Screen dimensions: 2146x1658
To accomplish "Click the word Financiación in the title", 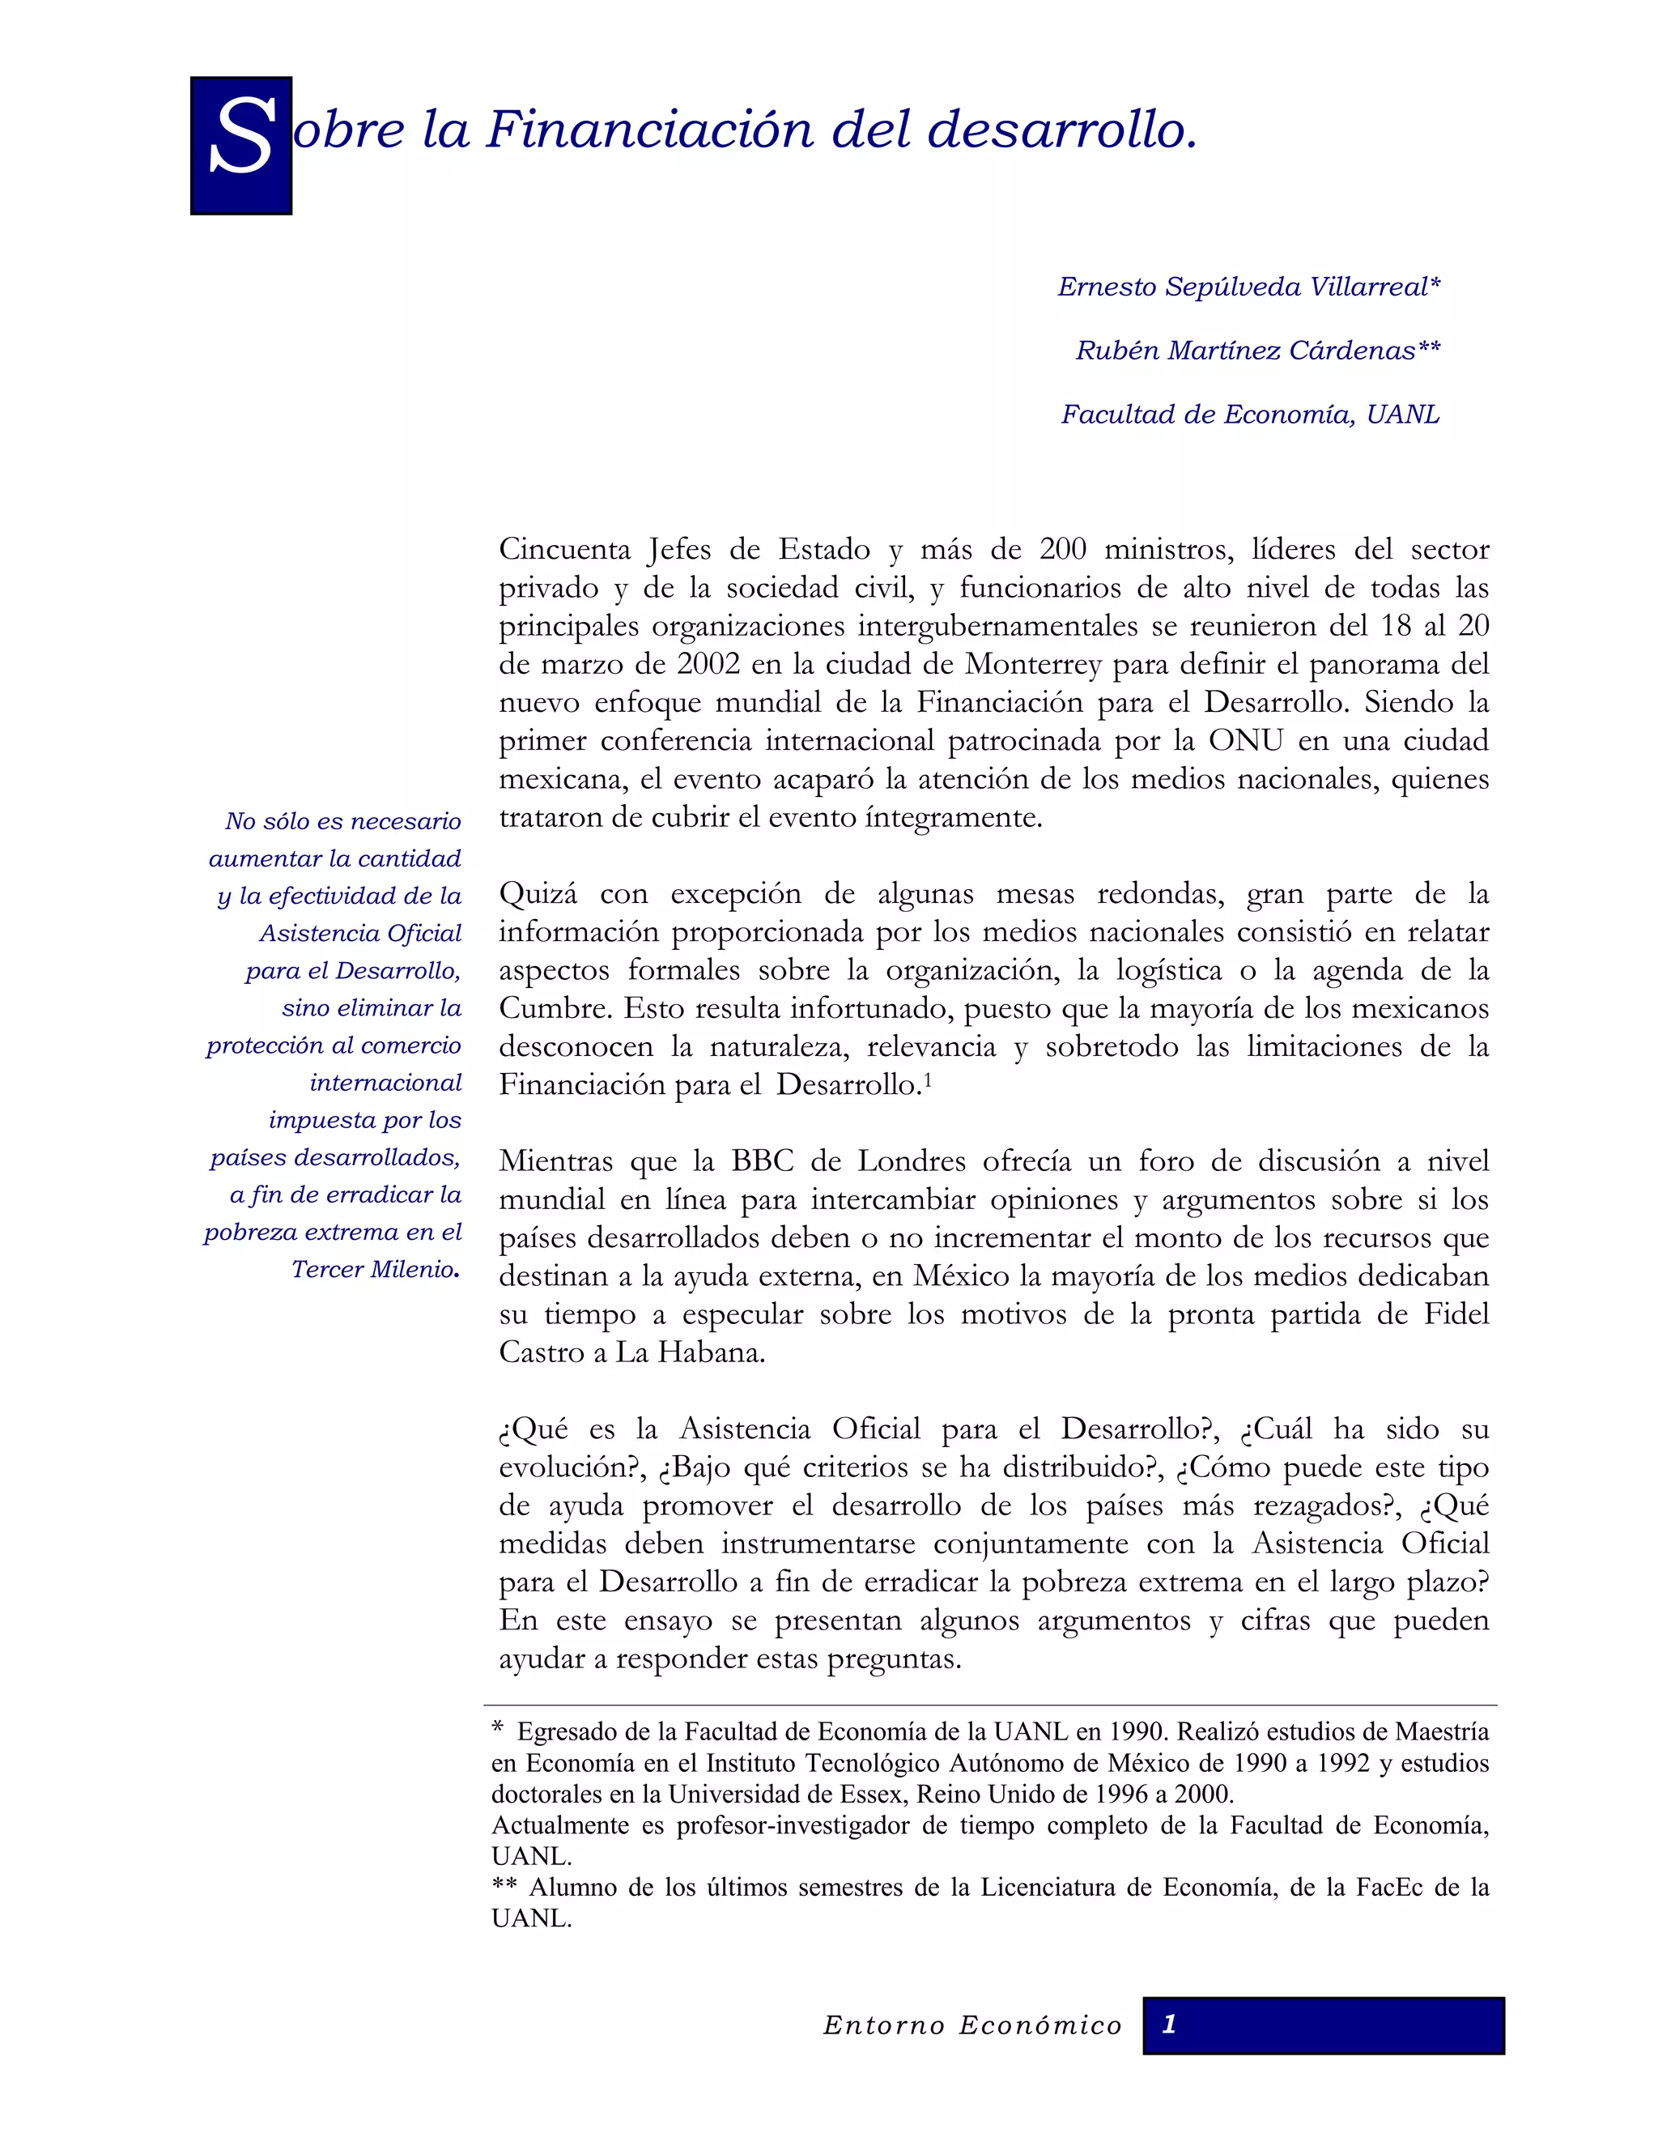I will click(649, 130).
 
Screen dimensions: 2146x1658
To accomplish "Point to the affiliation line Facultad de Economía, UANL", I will click(1249, 415).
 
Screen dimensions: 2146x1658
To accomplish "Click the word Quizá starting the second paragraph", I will click(538, 894).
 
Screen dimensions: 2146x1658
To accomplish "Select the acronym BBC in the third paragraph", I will click(762, 1161).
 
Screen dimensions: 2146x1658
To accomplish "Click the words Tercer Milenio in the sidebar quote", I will click(373, 1270).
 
